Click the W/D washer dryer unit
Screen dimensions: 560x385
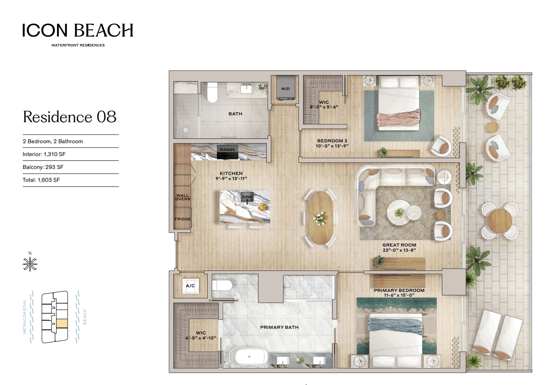coord(286,88)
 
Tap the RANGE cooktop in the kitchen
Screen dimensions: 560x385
coord(227,152)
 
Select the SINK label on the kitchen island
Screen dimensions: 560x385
coord(247,197)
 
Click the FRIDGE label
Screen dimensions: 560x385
coord(183,219)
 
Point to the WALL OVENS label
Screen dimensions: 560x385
coord(182,197)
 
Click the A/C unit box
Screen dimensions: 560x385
coord(191,286)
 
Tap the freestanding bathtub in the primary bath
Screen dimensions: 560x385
coord(249,357)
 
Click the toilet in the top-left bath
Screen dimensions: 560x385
coord(212,93)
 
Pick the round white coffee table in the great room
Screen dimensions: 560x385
coord(399,213)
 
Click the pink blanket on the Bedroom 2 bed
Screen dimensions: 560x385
coord(398,117)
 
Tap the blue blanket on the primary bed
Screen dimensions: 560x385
coord(395,326)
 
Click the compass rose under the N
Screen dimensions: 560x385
coord(30,264)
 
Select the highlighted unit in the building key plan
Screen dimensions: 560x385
coord(62,323)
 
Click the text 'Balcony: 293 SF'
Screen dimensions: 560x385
coord(43,167)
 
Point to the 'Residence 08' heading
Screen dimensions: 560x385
coord(70,117)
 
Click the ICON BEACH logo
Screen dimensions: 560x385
coord(78,35)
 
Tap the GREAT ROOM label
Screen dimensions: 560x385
coord(399,245)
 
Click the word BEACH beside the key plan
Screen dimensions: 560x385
coord(85,317)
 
